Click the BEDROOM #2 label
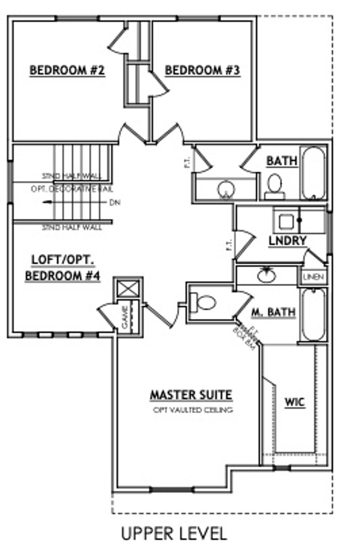pyautogui.click(x=67, y=70)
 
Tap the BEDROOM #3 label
pyautogui.click(x=202, y=70)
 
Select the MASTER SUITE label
pyautogui.click(x=191, y=395)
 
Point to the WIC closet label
pyautogui.click(x=295, y=402)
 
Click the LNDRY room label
pyautogui.click(x=287, y=241)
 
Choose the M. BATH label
pyautogui.click(x=273, y=312)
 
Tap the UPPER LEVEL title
pyautogui.click(x=174, y=533)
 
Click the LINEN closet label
pyautogui.click(x=313, y=277)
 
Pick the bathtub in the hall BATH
pyautogui.click(x=314, y=173)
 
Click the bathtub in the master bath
pyautogui.click(x=314, y=314)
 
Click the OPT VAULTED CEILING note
pyautogui.click(x=193, y=410)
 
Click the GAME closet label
pyautogui.click(x=125, y=317)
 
